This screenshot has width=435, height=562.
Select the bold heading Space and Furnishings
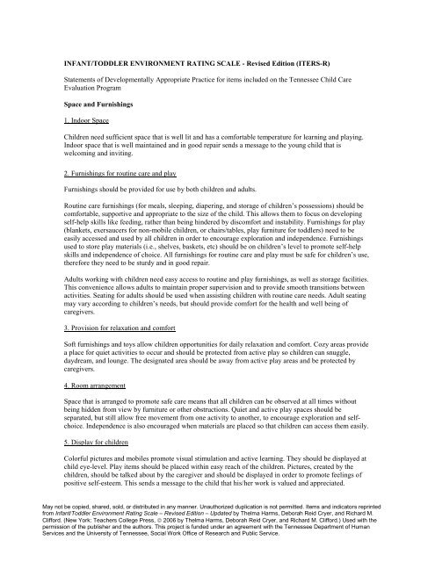(92, 104)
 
